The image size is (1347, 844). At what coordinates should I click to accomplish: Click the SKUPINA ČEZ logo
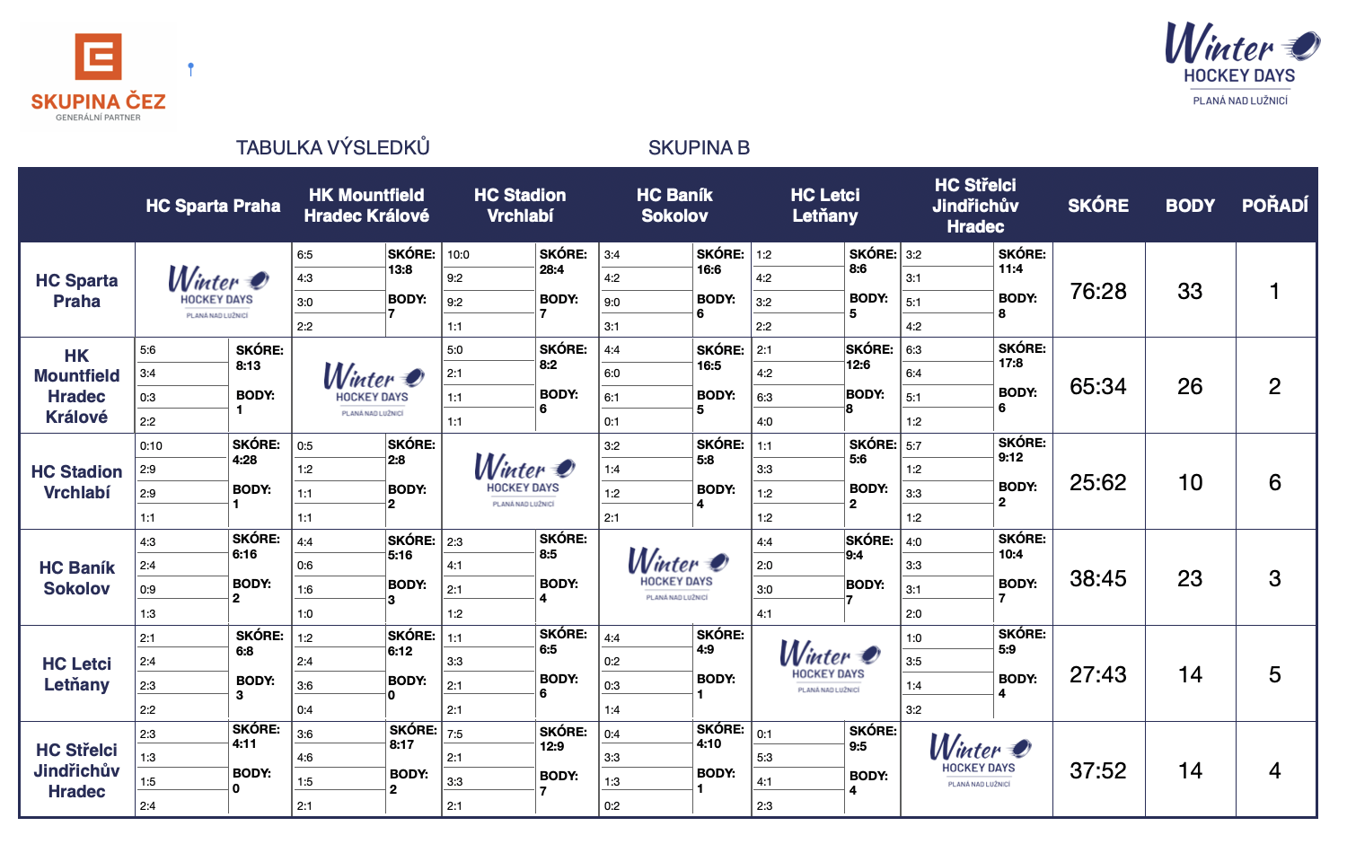click(98, 77)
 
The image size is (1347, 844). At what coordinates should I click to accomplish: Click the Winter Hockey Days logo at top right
click(1241, 63)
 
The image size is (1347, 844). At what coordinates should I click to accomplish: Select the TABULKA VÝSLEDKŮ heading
click(332, 148)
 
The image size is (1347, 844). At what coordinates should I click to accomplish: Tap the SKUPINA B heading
click(699, 148)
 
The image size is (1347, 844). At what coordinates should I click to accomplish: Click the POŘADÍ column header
click(1274, 206)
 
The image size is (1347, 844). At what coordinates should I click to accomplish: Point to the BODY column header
click(1190, 206)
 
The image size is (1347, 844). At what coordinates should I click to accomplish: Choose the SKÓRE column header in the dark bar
click(1098, 206)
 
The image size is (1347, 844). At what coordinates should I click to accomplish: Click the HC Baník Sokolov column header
click(674, 206)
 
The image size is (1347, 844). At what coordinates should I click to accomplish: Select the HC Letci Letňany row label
click(77, 674)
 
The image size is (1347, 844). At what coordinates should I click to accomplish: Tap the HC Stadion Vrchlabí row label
click(77, 482)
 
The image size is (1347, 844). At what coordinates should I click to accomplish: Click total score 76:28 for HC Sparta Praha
click(1098, 291)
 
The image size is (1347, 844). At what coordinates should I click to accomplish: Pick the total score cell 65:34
click(1098, 387)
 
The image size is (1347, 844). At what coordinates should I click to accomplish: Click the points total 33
click(1190, 291)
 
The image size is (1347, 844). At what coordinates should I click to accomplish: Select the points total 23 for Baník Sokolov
click(1190, 579)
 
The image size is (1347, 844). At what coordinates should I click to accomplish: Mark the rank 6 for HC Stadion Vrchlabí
click(1274, 483)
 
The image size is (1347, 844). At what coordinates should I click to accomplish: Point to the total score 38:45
click(1098, 579)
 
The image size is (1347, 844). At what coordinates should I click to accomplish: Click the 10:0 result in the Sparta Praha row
click(459, 255)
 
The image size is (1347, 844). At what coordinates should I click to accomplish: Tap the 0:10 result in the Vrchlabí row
click(152, 446)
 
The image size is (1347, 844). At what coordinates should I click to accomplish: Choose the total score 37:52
click(1098, 771)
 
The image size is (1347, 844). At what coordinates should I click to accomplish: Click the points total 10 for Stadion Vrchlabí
click(1190, 483)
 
